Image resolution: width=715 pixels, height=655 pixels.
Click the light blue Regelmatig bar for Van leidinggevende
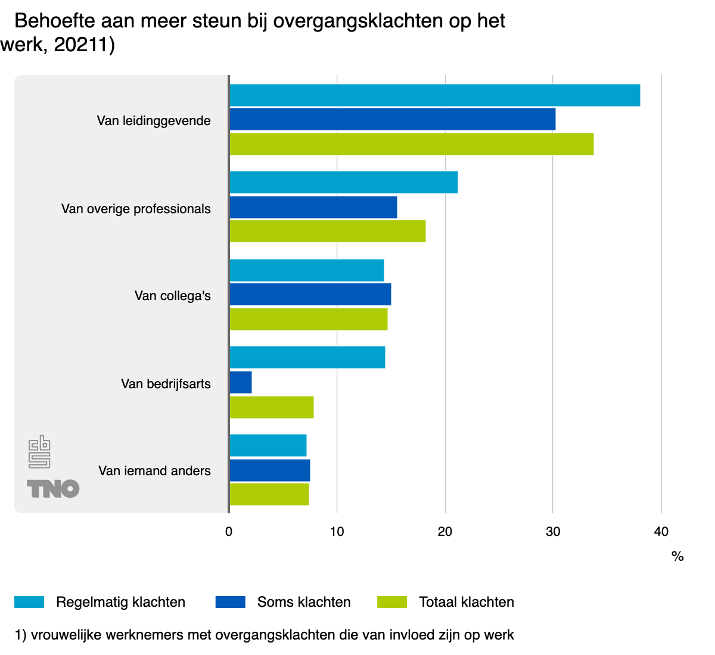tap(434, 95)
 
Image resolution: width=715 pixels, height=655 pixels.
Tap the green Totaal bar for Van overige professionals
tap(328, 231)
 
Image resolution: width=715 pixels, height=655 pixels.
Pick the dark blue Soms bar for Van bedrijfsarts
tap(241, 382)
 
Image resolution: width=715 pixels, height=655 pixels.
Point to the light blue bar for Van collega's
tap(307, 270)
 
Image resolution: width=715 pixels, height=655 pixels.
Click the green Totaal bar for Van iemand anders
tap(269, 494)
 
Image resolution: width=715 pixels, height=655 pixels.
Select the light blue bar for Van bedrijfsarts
tap(307, 357)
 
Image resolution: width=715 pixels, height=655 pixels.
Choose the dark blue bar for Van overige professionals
tap(313, 207)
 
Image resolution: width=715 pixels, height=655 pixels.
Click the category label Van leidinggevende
tap(154, 121)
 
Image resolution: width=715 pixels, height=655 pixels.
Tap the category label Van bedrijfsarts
tap(166, 384)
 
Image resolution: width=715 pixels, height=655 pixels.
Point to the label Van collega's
tap(173, 296)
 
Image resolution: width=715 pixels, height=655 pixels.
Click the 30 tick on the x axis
tap(553, 532)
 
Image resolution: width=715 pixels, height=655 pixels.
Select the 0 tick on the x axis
tap(229, 532)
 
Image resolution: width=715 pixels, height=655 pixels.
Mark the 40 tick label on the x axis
tap(661, 532)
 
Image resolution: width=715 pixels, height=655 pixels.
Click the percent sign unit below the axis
tap(677, 557)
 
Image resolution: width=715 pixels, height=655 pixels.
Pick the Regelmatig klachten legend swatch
tap(29, 602)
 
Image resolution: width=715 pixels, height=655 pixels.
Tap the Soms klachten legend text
tap(304, 602)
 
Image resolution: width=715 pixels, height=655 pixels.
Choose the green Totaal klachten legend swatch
tap(392, 602)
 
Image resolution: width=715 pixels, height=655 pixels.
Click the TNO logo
tap(53, 489)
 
